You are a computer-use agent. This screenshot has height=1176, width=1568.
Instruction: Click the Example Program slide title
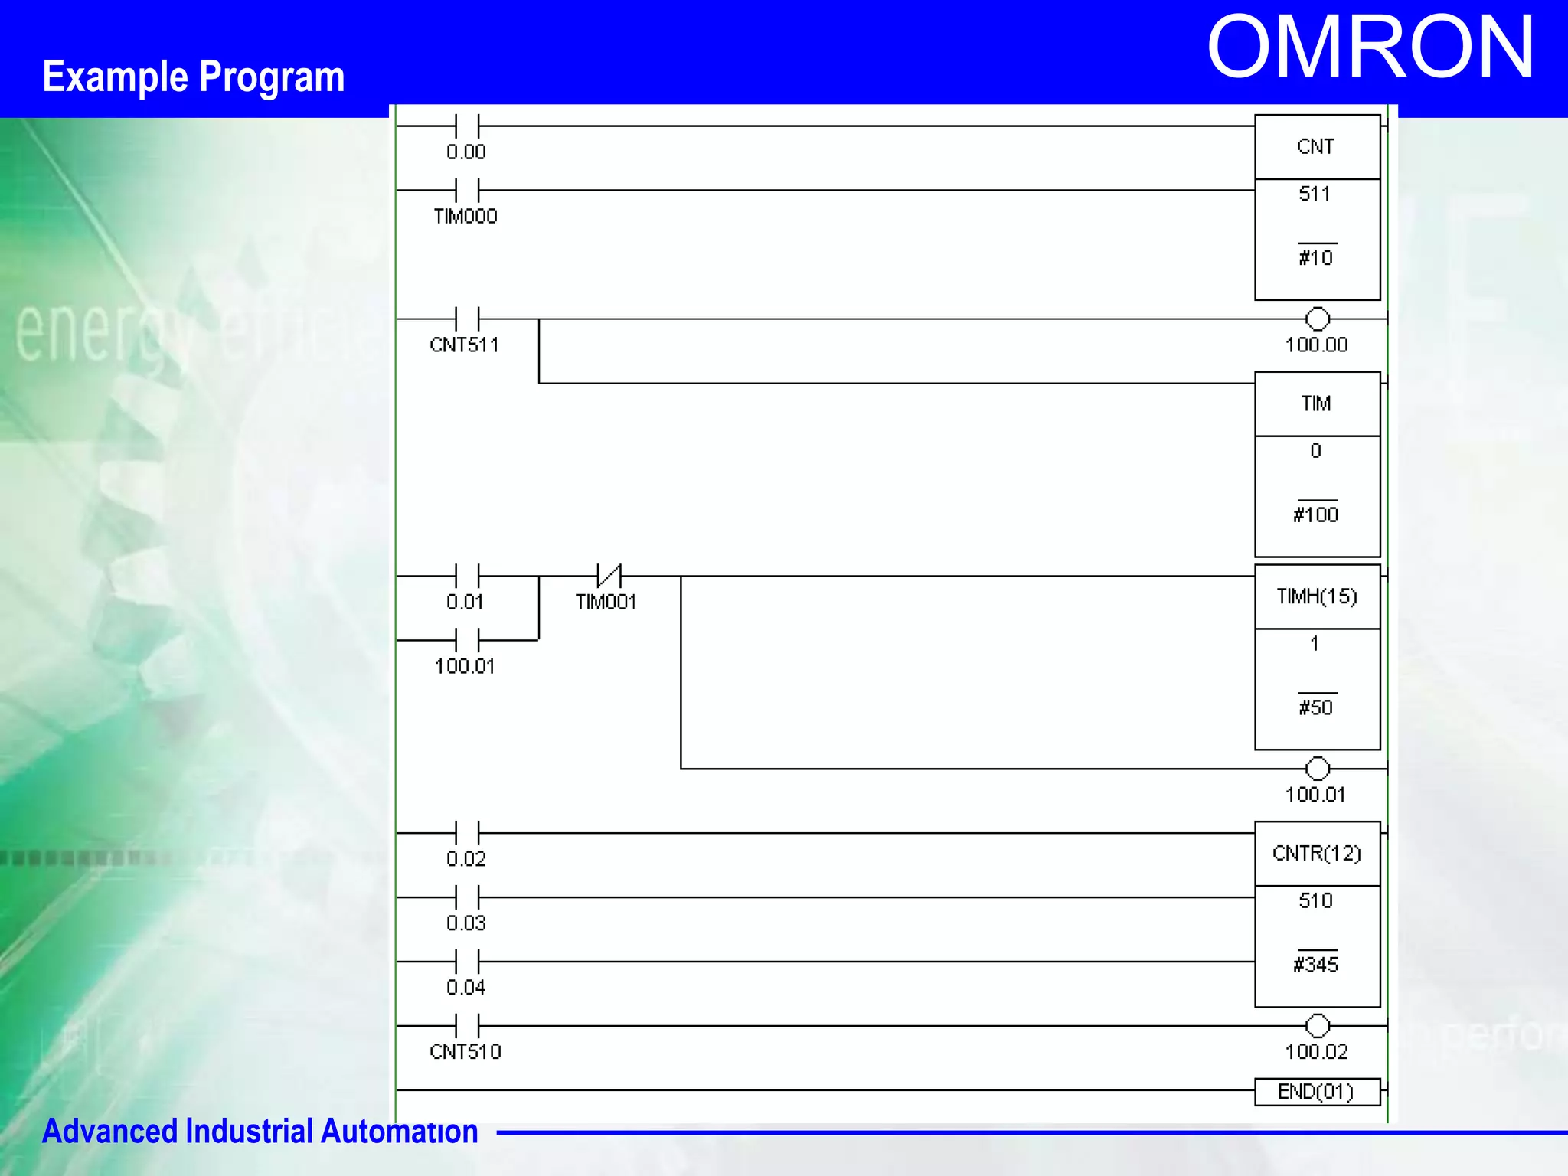click(x=193, y=77)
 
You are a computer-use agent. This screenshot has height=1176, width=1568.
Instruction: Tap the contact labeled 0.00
click(x=467, y=126)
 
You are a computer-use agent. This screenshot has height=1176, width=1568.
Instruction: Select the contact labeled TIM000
click(x=467, y=191)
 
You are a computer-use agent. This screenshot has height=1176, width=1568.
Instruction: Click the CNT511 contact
click(x=467, y=319)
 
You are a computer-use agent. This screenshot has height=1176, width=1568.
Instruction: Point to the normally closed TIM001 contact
click(x=609, y=576)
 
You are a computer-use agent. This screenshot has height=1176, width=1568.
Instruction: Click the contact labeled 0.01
click(x=467, y=576)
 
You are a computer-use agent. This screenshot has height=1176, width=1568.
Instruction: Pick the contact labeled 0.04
click(x=467, y=962)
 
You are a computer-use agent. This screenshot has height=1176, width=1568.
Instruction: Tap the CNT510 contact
click(x=467, y=1026)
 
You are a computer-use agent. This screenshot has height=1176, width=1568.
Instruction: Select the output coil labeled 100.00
click(x=1317, y=319)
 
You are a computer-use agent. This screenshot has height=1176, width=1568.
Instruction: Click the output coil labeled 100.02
click(x=1317, y=1026)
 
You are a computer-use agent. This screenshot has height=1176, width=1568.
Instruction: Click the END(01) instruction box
click(x=1317, y=1092)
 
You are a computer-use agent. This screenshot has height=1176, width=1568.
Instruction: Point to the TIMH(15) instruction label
click(x=1317, y=596)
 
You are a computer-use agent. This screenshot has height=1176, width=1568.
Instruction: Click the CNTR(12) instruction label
click(x=1317, y=854)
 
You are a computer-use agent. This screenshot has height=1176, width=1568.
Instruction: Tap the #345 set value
click(x=1316, y=965)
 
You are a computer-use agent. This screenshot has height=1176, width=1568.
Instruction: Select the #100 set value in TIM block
click(x=1316, y=514)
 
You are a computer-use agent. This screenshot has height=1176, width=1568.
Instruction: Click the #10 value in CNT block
click(x=1316, y=257)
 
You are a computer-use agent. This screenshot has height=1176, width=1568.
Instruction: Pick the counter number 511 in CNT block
click(x=1315, y=194)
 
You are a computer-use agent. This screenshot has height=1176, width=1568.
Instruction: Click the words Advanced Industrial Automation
click(x=260, y=1132)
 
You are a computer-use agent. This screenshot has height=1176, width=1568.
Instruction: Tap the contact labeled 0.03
click(x=467, y=897)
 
